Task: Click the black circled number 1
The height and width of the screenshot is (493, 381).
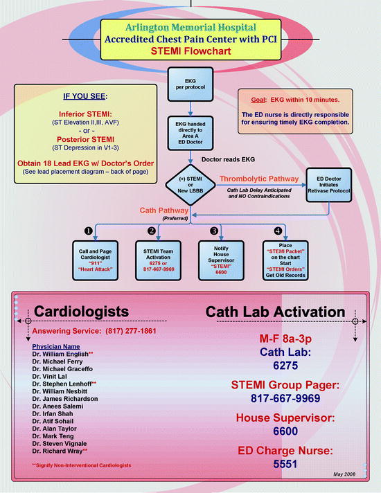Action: (x=89, y=229)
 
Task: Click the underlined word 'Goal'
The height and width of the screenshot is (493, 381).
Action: (x=251, y=98)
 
